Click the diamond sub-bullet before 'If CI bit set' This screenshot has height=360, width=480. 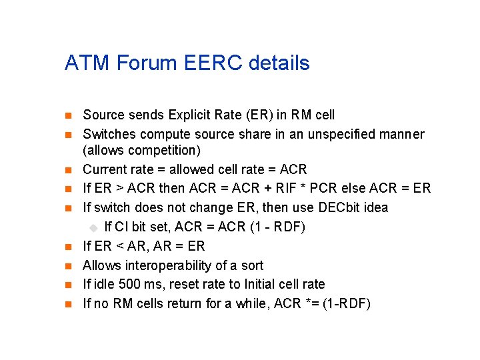(94, 227)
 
